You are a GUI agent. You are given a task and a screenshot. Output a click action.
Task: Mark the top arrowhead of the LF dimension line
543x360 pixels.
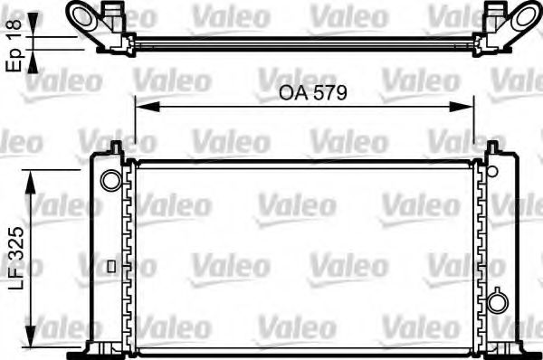click(34, 177)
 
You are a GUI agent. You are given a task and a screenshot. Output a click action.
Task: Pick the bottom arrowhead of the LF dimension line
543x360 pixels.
click(34, 327)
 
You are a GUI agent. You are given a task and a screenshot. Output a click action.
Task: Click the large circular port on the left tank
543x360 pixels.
click(110, 180)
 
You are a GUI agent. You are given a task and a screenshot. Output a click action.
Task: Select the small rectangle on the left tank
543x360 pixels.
click(110, 266)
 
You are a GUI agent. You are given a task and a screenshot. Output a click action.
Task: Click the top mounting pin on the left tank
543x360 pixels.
click(116, 147)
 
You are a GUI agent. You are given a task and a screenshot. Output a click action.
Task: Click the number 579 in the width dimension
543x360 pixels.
click(330, 92)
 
